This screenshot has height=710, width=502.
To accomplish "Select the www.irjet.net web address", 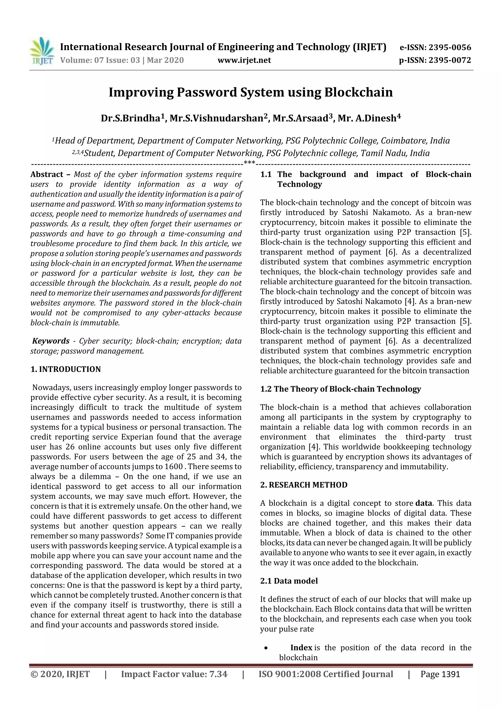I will coord(244,60).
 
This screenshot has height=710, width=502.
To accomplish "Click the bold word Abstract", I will coord(47,174).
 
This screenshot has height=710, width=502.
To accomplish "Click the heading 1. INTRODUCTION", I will coord(66,369).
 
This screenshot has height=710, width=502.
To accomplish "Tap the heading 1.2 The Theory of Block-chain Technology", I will coord(340,389).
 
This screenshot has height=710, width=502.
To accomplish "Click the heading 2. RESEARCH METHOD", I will coord(304,485).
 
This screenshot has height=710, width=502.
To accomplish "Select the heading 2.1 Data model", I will coord(289,581).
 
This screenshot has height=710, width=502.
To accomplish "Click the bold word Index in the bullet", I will coord(301,648).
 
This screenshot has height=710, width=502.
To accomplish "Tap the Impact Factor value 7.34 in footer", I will coord(218,674).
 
